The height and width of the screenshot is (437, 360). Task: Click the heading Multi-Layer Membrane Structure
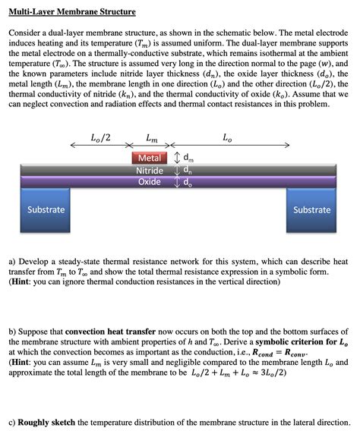point(72,13)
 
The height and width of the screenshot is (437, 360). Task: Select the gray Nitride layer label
point(150,171)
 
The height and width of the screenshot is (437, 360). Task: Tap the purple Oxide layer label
point(149,182)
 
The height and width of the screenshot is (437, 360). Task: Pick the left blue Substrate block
point(46,210)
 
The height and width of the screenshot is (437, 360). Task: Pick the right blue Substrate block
point(311,210)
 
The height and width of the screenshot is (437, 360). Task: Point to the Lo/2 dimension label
point(100,138)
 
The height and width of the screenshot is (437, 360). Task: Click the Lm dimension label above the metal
point(152,138)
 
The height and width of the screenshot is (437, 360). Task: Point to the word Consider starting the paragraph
point(27,35)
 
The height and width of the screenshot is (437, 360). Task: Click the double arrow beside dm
point(177,158)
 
